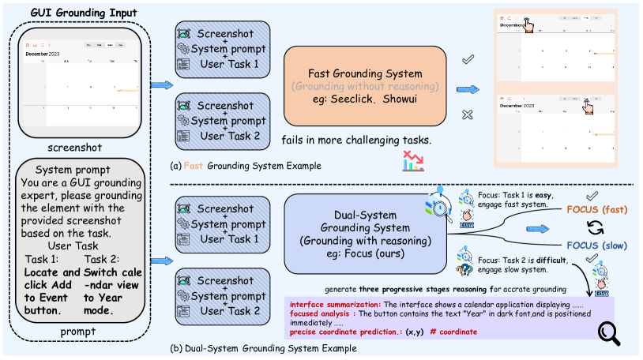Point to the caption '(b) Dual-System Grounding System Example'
(260, 348)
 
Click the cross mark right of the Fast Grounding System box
(467, 115)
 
